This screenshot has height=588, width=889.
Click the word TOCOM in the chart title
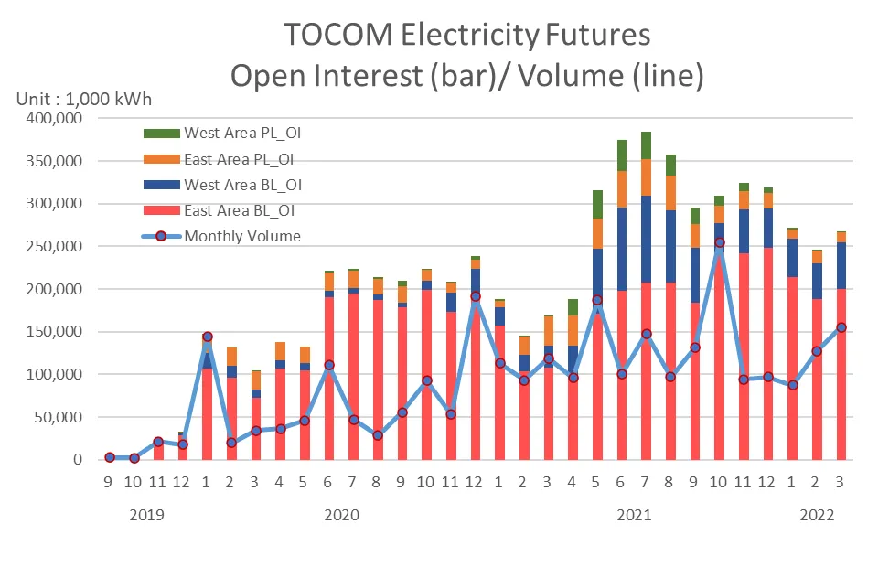337,34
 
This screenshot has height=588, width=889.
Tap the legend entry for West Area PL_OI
222,134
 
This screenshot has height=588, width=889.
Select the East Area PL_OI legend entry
219,159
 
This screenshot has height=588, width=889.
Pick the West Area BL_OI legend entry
222,185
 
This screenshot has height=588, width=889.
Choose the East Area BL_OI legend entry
219,211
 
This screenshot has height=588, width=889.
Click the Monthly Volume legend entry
221,236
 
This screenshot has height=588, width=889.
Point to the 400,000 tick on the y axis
54,118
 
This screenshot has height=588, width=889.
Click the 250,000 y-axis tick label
54,246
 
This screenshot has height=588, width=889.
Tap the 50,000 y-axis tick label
58,417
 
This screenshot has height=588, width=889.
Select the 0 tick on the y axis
78,459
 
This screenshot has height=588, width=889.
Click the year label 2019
146,515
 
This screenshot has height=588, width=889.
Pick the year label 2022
817,515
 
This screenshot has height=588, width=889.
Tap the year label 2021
634,515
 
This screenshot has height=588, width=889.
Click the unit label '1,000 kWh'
109,100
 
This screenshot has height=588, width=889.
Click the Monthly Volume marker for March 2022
841,327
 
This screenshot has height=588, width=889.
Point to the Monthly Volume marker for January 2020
208,337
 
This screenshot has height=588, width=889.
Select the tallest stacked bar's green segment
646,145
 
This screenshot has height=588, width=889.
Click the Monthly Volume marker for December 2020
476,296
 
